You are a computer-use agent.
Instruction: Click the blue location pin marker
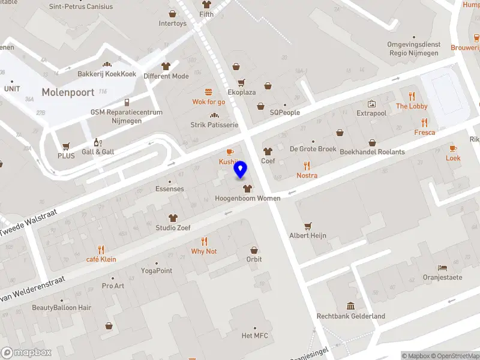click(241, 170)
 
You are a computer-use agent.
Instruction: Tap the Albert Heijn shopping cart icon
click(308, 226)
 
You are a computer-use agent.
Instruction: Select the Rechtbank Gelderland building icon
click(351, 306)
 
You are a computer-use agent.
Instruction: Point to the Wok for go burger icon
click(209, 92)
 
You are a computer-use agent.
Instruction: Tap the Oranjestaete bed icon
click(442, 268)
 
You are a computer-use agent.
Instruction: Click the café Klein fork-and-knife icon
click(101, 249)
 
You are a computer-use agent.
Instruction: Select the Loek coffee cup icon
click(453, 148)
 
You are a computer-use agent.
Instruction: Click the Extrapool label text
click(371, 113)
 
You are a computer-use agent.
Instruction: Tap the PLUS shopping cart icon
click(66, 146)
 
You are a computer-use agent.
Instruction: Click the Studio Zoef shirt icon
click(173, 218)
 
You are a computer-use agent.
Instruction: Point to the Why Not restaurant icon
click(204, 241)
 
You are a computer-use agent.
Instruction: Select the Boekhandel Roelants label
click(372, 152)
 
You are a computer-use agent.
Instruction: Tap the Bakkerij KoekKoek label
click(107, 74)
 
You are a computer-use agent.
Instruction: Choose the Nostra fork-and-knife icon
click(307, 166)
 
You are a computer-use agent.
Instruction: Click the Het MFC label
click(254, 335)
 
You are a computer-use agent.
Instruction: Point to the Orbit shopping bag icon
click(254, 250)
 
